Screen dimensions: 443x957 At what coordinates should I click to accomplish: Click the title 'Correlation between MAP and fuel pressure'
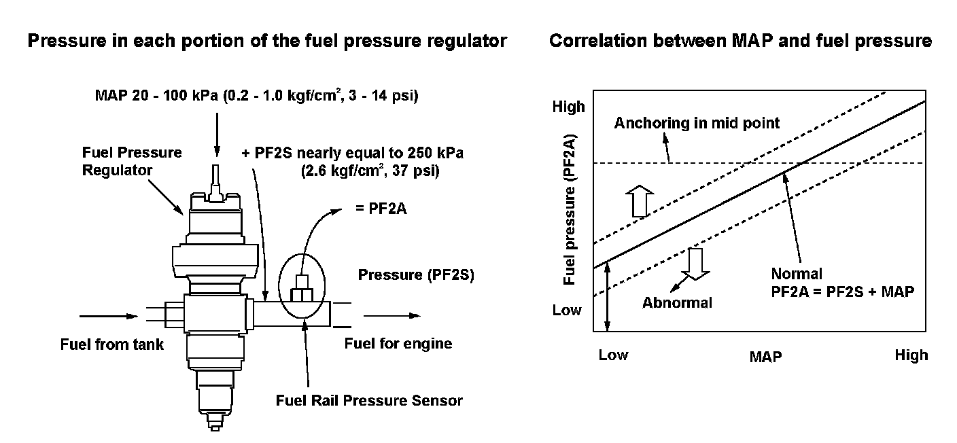(x=740, y=41)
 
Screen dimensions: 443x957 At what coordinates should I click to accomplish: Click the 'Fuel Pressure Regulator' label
(x=132, y=161)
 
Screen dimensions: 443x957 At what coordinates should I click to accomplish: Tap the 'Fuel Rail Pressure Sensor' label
(x=369, y=400)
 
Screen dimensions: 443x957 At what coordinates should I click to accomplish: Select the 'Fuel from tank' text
(x=112, y=344)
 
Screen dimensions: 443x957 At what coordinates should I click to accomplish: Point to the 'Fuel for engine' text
(x=398, y=343)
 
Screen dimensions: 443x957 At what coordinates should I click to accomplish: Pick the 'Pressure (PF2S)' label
(x=416, y=275)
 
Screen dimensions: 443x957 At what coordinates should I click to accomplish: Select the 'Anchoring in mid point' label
(x=697, y=123)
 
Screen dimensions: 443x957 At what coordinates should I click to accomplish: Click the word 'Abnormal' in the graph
(x=677, y=302)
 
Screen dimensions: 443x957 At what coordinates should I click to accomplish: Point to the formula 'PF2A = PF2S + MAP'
(x=843, y=291)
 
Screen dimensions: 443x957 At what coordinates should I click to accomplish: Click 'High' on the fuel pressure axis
(x=568, y=107)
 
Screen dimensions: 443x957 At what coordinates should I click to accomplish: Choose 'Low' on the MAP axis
(x=613, y=355)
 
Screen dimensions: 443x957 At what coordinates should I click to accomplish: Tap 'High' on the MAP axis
(x=911, y=355)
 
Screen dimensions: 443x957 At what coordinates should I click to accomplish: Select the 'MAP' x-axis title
(x=765, y=356)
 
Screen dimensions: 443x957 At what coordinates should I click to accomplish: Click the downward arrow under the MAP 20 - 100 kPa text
(x=216, y=136)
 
